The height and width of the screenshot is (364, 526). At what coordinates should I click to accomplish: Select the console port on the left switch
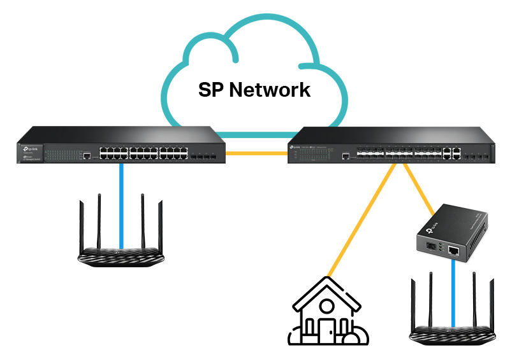click(x=85, y=154)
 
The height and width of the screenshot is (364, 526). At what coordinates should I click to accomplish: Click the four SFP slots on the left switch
click(x=203, y=154)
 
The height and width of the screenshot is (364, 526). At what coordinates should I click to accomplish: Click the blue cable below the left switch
click(x=121, y=204)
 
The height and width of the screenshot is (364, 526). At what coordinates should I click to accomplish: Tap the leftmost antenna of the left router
click(x=82, y=226)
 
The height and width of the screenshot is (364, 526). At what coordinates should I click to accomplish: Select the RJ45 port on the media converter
click(x=453, y=251)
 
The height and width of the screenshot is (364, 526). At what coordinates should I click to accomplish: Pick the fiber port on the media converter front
click(x=427, y=247)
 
